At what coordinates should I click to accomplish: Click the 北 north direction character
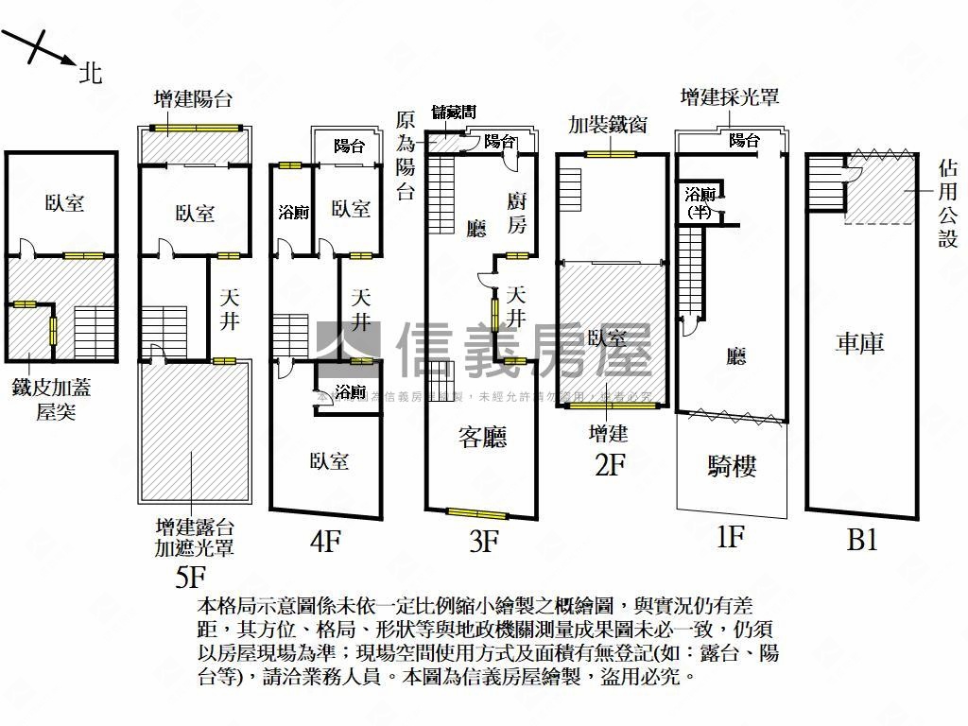tap(91, 73)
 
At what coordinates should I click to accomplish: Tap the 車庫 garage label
tap(860, 342)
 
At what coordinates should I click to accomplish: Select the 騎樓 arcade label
tap(732, 465)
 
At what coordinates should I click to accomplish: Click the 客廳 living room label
tap(482, 436)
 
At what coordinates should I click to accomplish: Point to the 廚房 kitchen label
tap(517, 214)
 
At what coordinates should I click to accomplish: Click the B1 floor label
tap(862, 540)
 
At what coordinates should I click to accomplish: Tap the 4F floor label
tap(325, 542)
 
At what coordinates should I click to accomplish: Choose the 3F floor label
tap(483, 542)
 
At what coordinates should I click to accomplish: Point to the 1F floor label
tap(731, 538)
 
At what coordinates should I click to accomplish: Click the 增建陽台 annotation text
tap(194, 99)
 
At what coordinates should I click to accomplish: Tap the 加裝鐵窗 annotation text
tap(608, 124)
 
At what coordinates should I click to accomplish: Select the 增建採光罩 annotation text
tap(729, 97)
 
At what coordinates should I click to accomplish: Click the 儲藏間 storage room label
tap(454, 112)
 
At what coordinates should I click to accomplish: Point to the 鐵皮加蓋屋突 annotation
tap(51, 399)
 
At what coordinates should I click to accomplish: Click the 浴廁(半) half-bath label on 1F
tap(700, 201)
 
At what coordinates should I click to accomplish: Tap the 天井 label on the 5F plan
tap(230, 308)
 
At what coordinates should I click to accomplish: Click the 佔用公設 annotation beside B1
tap(947, 203)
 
